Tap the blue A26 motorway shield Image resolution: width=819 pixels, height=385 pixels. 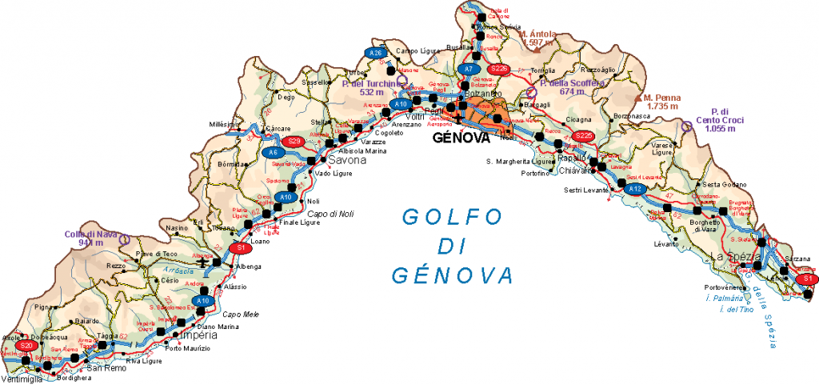click(x=374, y=53)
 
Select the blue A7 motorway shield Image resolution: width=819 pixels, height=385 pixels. click(x=469, y=70)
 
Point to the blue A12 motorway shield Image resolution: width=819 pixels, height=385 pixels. click(x=635, y=189)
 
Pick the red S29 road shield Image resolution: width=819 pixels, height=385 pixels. click(x=295, y=142)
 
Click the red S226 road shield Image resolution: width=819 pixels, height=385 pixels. click(x=499, y=69)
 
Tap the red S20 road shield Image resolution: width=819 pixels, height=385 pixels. click(x=26, y=346)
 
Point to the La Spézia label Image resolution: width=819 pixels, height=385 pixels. click(x=733, y=257)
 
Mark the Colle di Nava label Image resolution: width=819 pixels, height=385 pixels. click(x=85, y=238)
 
